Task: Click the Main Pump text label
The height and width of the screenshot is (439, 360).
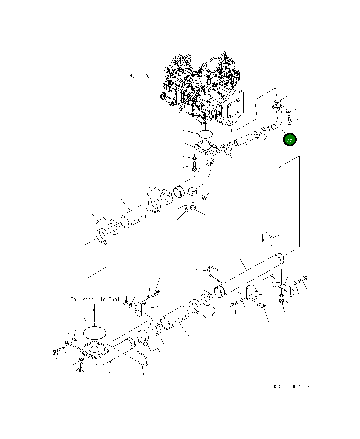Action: (142, 76)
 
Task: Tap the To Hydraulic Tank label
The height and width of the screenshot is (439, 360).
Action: (95, 299)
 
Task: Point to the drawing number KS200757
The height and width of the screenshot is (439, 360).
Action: (292, 387)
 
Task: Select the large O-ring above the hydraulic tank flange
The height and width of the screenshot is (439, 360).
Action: (94, 333)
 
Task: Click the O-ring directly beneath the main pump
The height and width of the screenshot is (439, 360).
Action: (205, 134)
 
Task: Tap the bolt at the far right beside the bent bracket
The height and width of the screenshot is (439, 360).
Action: (303, 279)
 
